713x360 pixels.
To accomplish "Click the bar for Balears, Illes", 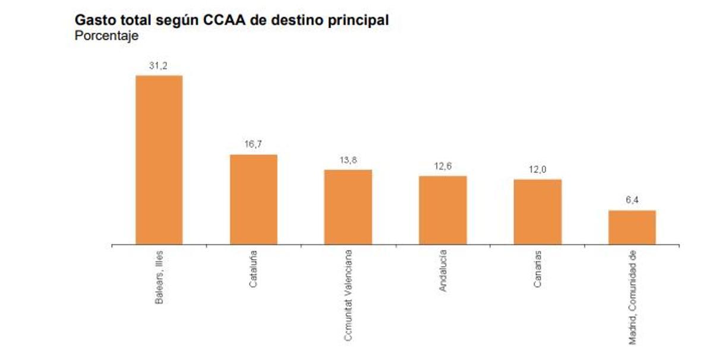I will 159,160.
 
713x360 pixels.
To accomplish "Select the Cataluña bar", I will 253,199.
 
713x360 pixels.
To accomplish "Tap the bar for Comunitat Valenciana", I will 348,207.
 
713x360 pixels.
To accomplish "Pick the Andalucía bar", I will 443,210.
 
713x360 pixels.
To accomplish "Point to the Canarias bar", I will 537,211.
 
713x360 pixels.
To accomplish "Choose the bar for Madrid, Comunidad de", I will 632,227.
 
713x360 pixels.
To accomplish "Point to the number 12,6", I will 443,167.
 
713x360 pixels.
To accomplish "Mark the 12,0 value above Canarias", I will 537,170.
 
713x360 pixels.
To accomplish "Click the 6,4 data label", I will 632,201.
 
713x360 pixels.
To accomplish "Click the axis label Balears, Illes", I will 159,278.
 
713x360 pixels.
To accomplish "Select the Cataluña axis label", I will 253,270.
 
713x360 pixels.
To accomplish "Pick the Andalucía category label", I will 443,271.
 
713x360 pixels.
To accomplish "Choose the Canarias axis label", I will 537,269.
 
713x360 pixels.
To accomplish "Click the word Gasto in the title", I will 94,20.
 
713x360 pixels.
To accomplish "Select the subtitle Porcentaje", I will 106,36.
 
